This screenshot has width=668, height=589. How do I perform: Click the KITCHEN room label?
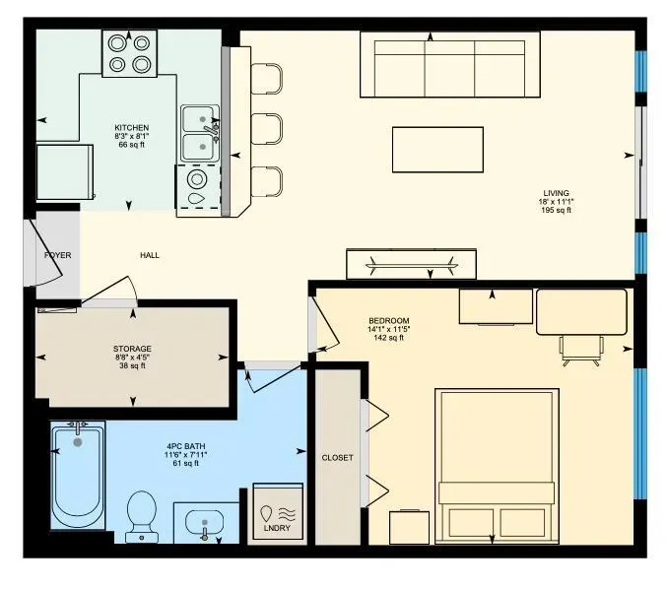click(x=131, y=128)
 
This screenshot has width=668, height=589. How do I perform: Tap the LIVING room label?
click(x=556, y=193)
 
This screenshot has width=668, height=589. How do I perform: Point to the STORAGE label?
click(x=132, y=349)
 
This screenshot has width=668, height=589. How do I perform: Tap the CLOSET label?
click(x=337, y=458)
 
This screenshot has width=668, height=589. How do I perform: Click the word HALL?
click(x=150, y=256)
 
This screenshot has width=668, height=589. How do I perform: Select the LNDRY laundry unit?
click(x=278, y=512)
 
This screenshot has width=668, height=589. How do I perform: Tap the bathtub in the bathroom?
click(x=78, y=475)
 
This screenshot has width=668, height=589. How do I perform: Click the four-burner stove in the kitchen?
click(x=129, y=53)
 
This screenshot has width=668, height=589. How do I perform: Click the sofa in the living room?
click(x=449, y=65)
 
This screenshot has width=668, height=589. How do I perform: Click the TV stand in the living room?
click(x=412, y=264)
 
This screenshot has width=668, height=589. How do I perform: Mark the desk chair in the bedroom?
click(x=581, y=347)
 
